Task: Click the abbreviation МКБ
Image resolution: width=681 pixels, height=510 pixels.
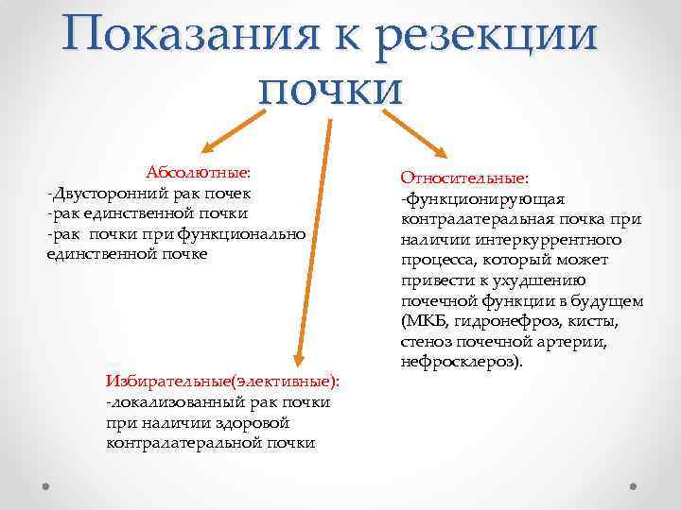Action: [x=424, y=321]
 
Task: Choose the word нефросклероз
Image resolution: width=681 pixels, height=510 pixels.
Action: [x=458, y=362]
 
